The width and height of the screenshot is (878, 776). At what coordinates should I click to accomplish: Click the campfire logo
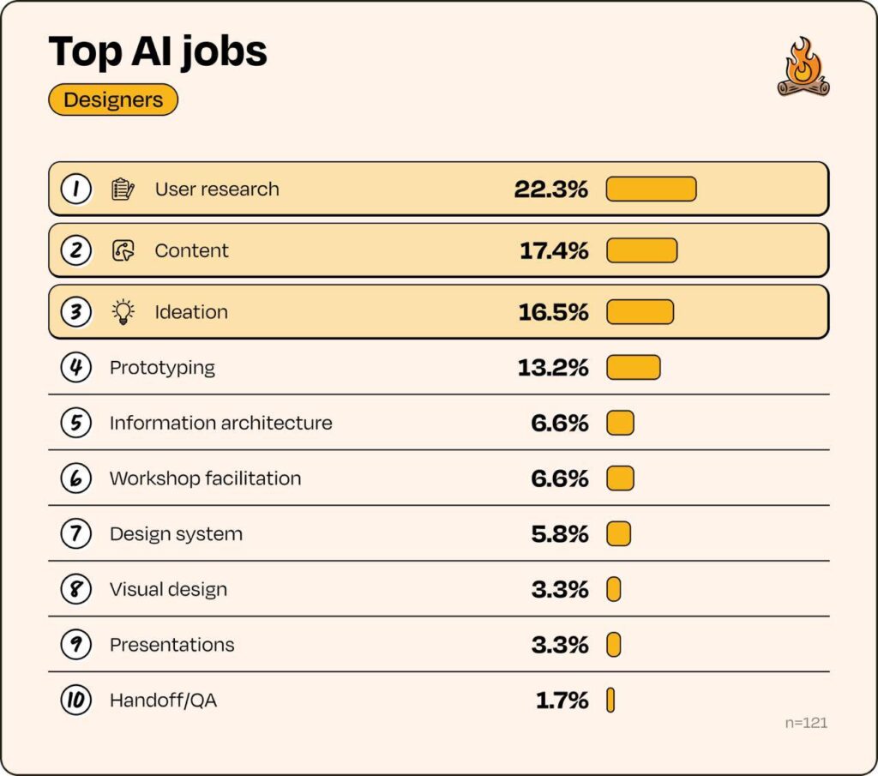tap(803, 67)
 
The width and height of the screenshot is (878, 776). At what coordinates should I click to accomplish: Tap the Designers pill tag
tap(113, 99)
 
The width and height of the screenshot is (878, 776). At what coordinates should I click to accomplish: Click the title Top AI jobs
tap(158, 51)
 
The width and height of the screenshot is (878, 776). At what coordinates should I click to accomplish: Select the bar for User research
tap(652, 189)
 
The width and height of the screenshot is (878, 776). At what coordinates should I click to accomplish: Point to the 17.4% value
tap(554, 250)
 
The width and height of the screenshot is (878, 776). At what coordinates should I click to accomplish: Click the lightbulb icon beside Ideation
tap(123, 312)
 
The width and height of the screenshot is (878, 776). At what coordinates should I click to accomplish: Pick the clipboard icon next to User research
tap(123, 189)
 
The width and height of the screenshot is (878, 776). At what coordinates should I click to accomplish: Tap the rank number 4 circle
tap(76, 368)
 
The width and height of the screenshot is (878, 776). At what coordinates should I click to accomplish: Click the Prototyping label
tap(162, 368)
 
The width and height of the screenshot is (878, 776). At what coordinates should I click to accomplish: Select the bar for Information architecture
tap(621, 423)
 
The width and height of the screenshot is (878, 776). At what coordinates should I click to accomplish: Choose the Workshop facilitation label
tap(206, 478)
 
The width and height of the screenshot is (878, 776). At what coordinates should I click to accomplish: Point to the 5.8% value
tap(559, 534)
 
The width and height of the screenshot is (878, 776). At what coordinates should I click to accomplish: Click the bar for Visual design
tap(614, 589)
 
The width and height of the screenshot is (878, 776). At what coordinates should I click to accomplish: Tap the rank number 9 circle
tap(76, 645)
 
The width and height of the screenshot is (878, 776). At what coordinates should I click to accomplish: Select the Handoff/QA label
tap(164, 701)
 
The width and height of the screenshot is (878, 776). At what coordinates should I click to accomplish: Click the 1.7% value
tap(562, 701)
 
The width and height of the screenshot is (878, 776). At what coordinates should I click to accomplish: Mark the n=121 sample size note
tap(806, 723)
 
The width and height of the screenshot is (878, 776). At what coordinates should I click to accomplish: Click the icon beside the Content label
tap(123, 250)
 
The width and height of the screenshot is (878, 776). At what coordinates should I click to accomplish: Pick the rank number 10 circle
tap(76, 700)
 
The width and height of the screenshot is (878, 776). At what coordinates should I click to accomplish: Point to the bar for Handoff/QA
tap(610, 700)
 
